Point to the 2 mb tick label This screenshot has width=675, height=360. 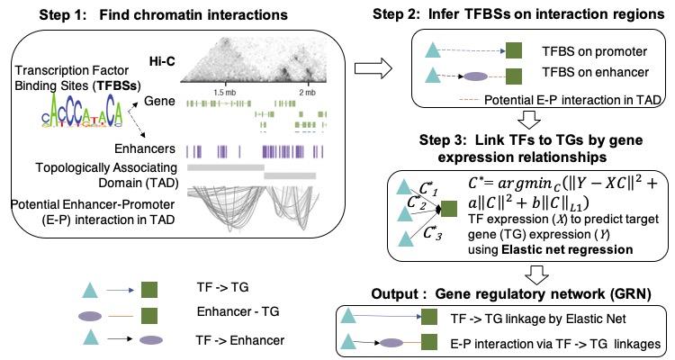click(307, 93)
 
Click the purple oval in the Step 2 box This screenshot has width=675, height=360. click(476, 76)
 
